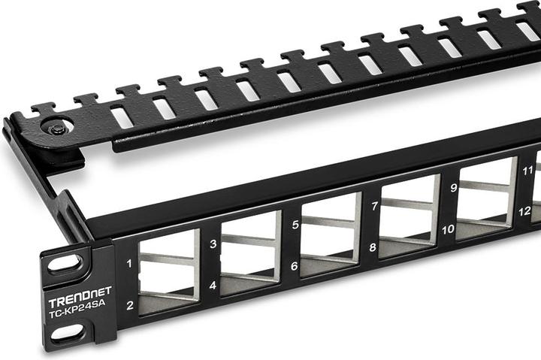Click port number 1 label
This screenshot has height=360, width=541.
(129, 264)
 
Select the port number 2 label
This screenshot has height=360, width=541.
(130, 305)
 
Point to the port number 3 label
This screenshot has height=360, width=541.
(213, 244)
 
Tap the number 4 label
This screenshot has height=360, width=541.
(213, 286)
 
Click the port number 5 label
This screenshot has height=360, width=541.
(295, 224)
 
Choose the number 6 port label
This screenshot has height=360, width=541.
(295, 265)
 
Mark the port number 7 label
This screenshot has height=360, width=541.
(374, 205)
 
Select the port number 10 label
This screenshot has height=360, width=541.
(448, 229)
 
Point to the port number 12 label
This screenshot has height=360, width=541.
(524, 212)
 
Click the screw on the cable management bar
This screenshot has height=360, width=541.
(58, 129)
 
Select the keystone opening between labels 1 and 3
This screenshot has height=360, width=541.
(169, 271)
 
